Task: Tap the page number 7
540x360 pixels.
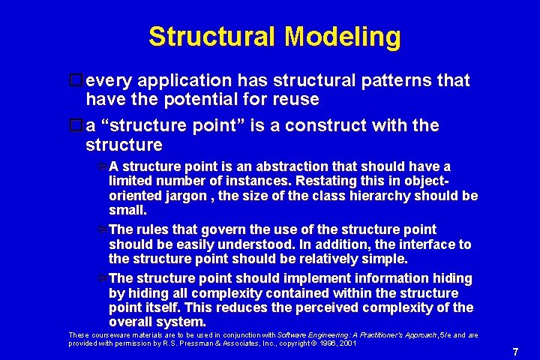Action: [x=515, y=352]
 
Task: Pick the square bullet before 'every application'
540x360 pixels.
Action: [x=74, y=80]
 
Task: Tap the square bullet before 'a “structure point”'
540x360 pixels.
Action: [x=74, y=125]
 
